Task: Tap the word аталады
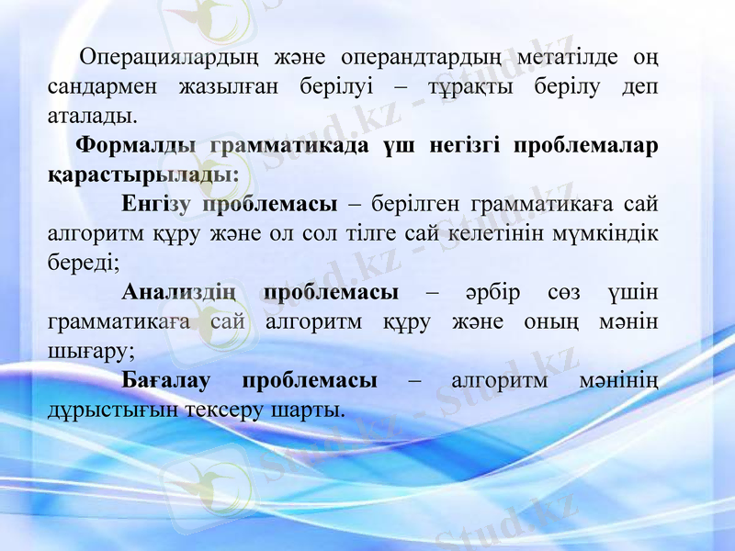coord(92,117)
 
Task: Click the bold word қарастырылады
coord(143,174)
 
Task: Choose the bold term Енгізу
coord(155,204)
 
